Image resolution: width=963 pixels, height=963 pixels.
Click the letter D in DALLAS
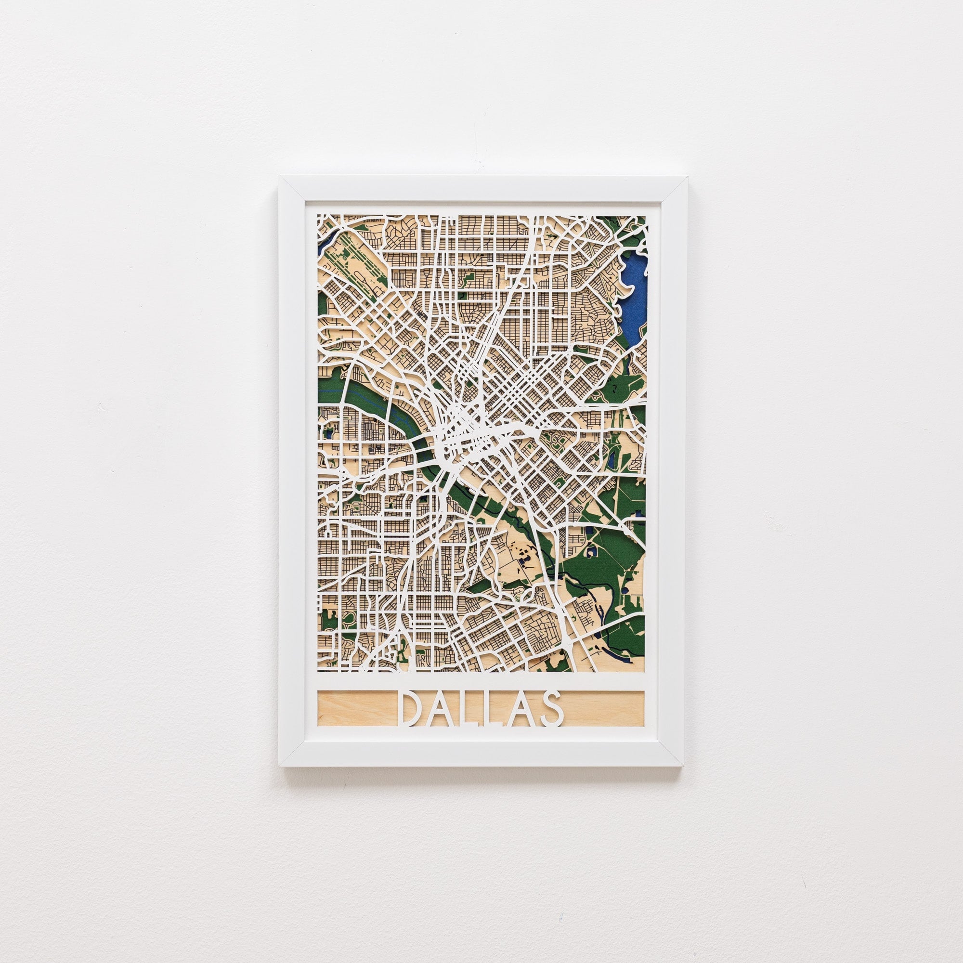412,708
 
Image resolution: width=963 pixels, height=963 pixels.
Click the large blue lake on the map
634,299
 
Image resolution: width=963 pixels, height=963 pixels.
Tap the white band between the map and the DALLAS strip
481,681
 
